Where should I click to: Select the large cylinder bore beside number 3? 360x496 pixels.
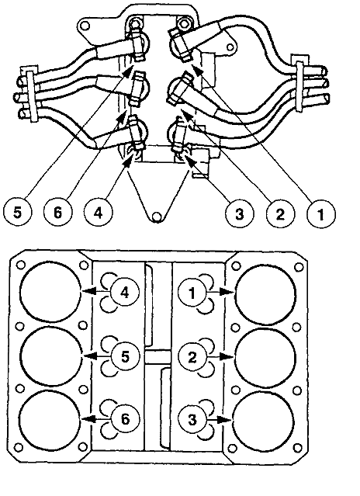click(266, 418)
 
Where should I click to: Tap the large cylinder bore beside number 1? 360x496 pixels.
click(266, 293)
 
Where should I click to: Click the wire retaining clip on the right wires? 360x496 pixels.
click(301, 78)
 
